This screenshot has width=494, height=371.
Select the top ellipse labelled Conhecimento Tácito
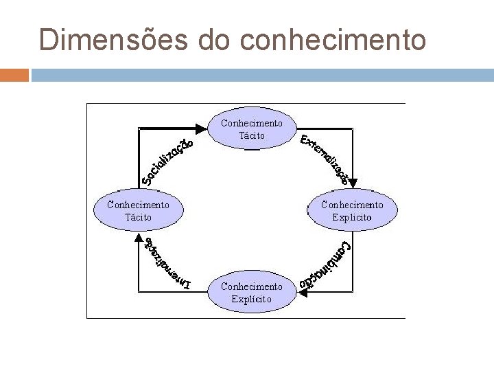251,129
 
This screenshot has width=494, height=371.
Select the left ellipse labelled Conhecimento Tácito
138,210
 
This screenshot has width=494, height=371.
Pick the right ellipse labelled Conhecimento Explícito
352,210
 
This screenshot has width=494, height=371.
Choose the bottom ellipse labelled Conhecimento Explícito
251,292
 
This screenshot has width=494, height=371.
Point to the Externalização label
325,160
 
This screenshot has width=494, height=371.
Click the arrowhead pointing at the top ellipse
200,128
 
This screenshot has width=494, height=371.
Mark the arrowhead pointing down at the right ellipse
352,183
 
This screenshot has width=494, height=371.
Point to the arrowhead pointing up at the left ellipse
138,238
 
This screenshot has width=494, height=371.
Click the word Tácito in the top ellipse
251,135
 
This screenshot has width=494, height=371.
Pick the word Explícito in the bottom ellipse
251,299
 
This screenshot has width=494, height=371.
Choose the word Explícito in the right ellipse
352,217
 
